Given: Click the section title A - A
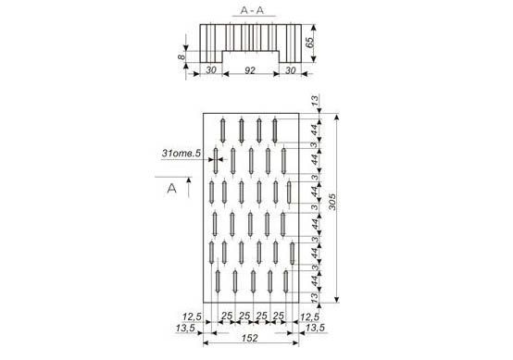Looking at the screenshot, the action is click(252, 10).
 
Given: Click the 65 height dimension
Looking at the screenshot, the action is click(309, 43).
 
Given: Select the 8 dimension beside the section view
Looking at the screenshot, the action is click(181, 56).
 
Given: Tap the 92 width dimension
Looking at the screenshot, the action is click(250, 70).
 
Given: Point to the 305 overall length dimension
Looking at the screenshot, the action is click(332, 202).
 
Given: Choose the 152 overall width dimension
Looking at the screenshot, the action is click(249, 338).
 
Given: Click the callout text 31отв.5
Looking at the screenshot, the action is click(181, 153).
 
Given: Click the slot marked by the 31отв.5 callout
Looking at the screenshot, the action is click(216, 161).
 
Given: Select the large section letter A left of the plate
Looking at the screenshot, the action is click(171, 189).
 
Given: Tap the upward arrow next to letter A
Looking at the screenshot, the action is click(189, 187).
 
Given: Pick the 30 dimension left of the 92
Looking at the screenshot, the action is click(211, 70).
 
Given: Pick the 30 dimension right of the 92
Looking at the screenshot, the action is click(290, 70).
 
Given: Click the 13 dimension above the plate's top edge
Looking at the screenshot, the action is click(315, 100).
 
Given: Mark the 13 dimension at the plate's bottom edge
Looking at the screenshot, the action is click(315, 298).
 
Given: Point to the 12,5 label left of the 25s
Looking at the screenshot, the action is click(192, 317).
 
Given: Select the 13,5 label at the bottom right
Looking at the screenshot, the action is click(315, 328).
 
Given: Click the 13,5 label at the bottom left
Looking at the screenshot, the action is click(185, 328).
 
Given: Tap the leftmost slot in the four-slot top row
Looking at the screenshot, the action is click(223, 130).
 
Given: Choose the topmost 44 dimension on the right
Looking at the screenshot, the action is click(315, 130).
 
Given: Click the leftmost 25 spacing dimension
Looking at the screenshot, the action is click(227, 317).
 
